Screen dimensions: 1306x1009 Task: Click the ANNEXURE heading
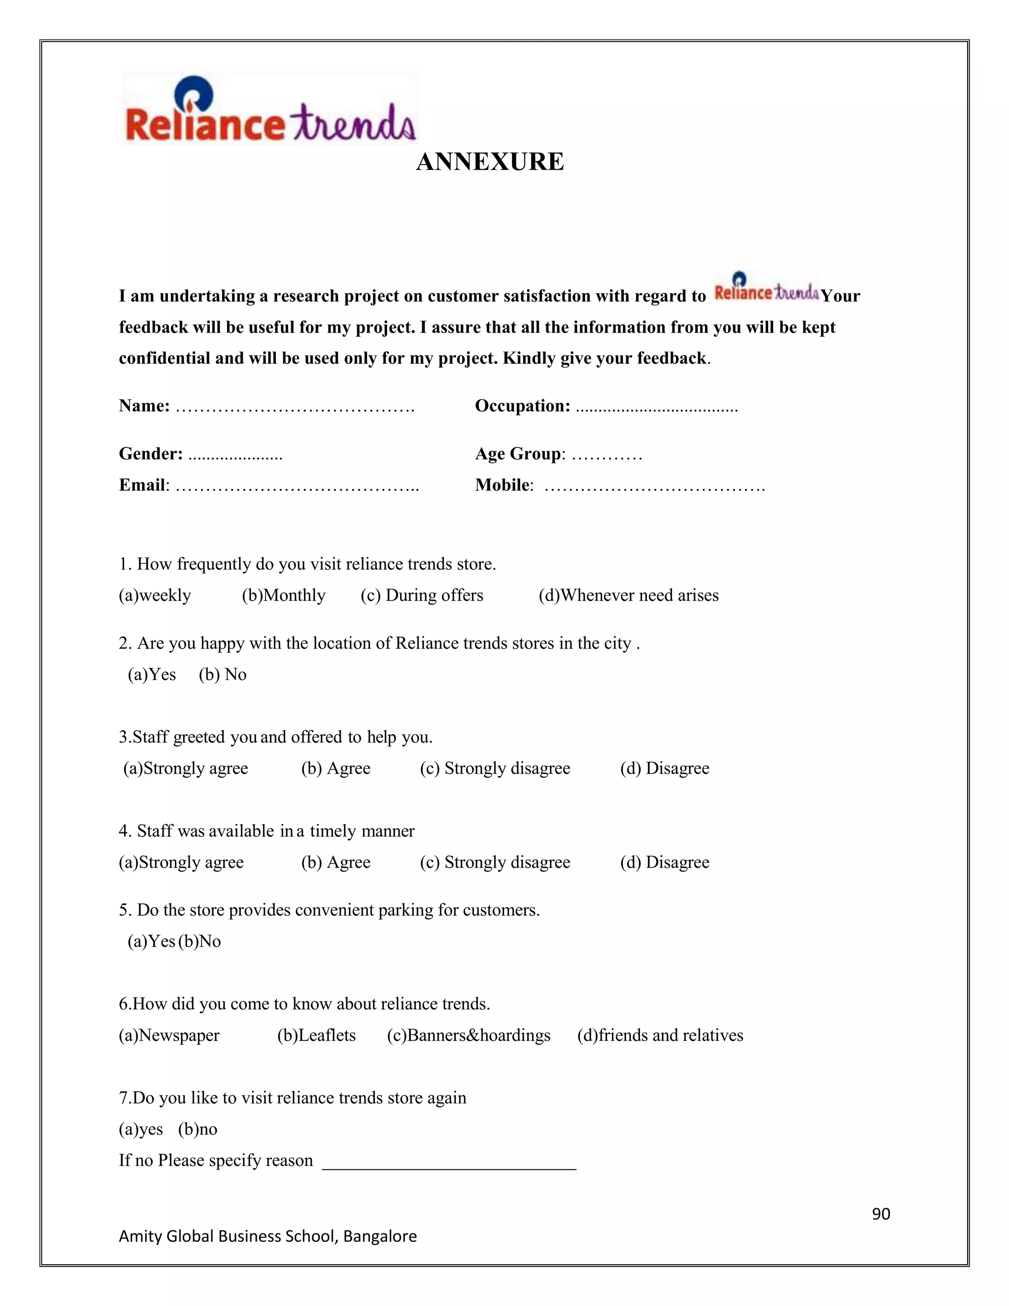click(x=490, y=162)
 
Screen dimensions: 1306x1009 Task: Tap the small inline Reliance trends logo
click(x=766, y=287)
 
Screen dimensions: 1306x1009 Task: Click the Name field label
click(x=144, y=406)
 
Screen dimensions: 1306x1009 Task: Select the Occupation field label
click(x=522, y=406)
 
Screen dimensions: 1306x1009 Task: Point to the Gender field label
click(x=151, y=454)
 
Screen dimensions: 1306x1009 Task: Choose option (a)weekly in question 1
click(x=155, y=596)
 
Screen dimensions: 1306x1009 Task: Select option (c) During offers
click(x=422, y=596)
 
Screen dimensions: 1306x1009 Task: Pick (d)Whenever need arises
click(x=628, y=596)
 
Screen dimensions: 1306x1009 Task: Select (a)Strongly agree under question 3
click(x=185, y=768)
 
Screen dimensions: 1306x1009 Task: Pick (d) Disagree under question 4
click(x=665, y=862)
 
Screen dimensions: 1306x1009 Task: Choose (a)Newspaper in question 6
click(x=169, y=1036)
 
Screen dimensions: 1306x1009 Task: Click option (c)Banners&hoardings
click(x=469, y=1036)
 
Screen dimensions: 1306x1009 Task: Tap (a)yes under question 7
click(x=141, y=1130)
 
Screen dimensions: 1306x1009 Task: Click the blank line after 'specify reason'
click(x=449, y=1163)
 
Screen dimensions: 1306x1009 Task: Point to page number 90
click(x=881, y=1214)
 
